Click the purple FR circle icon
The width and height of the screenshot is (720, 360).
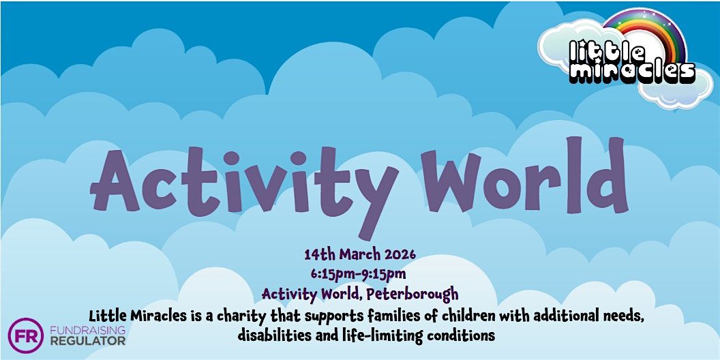[26, 335]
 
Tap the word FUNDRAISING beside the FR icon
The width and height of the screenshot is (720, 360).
[87, 330]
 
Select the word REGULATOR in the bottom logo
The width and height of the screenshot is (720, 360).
[87, 341]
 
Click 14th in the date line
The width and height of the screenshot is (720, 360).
[318, 254]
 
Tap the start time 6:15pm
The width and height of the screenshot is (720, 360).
[332, 274]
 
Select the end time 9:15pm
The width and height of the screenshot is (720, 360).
[384, 274]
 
